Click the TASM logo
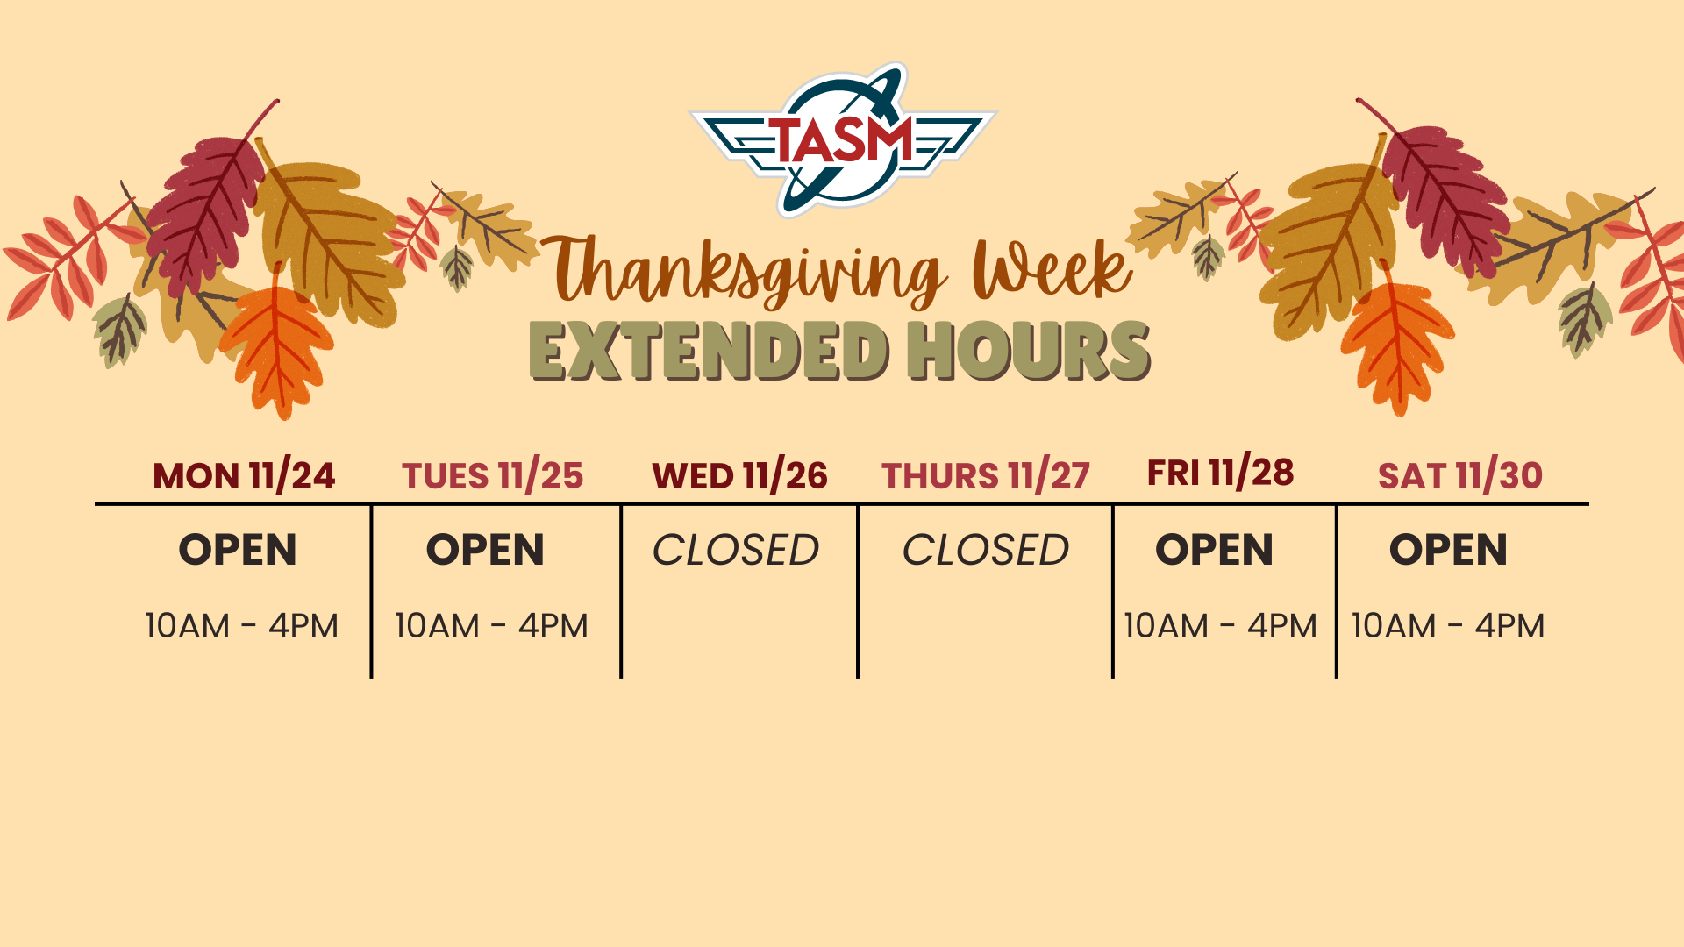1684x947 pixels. coord(844,139)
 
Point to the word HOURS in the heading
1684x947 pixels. coord(1030,351)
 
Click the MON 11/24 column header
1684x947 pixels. coord(244,475)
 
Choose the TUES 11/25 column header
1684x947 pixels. coord(492,475)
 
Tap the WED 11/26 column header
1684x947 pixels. coord(739,475)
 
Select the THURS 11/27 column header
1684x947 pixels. coord(986,475)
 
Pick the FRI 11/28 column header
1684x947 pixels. coord(1220,472)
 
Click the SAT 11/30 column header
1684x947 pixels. coord(1460,475)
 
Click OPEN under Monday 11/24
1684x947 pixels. coord(238,550)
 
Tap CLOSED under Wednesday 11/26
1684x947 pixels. coord(736,550)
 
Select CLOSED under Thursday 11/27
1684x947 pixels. coord(986,550)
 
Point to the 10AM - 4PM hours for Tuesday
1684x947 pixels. coord(491,626)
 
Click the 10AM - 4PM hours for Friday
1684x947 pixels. coord(1221,626)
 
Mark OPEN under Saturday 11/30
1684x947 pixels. coord(1449,550)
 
